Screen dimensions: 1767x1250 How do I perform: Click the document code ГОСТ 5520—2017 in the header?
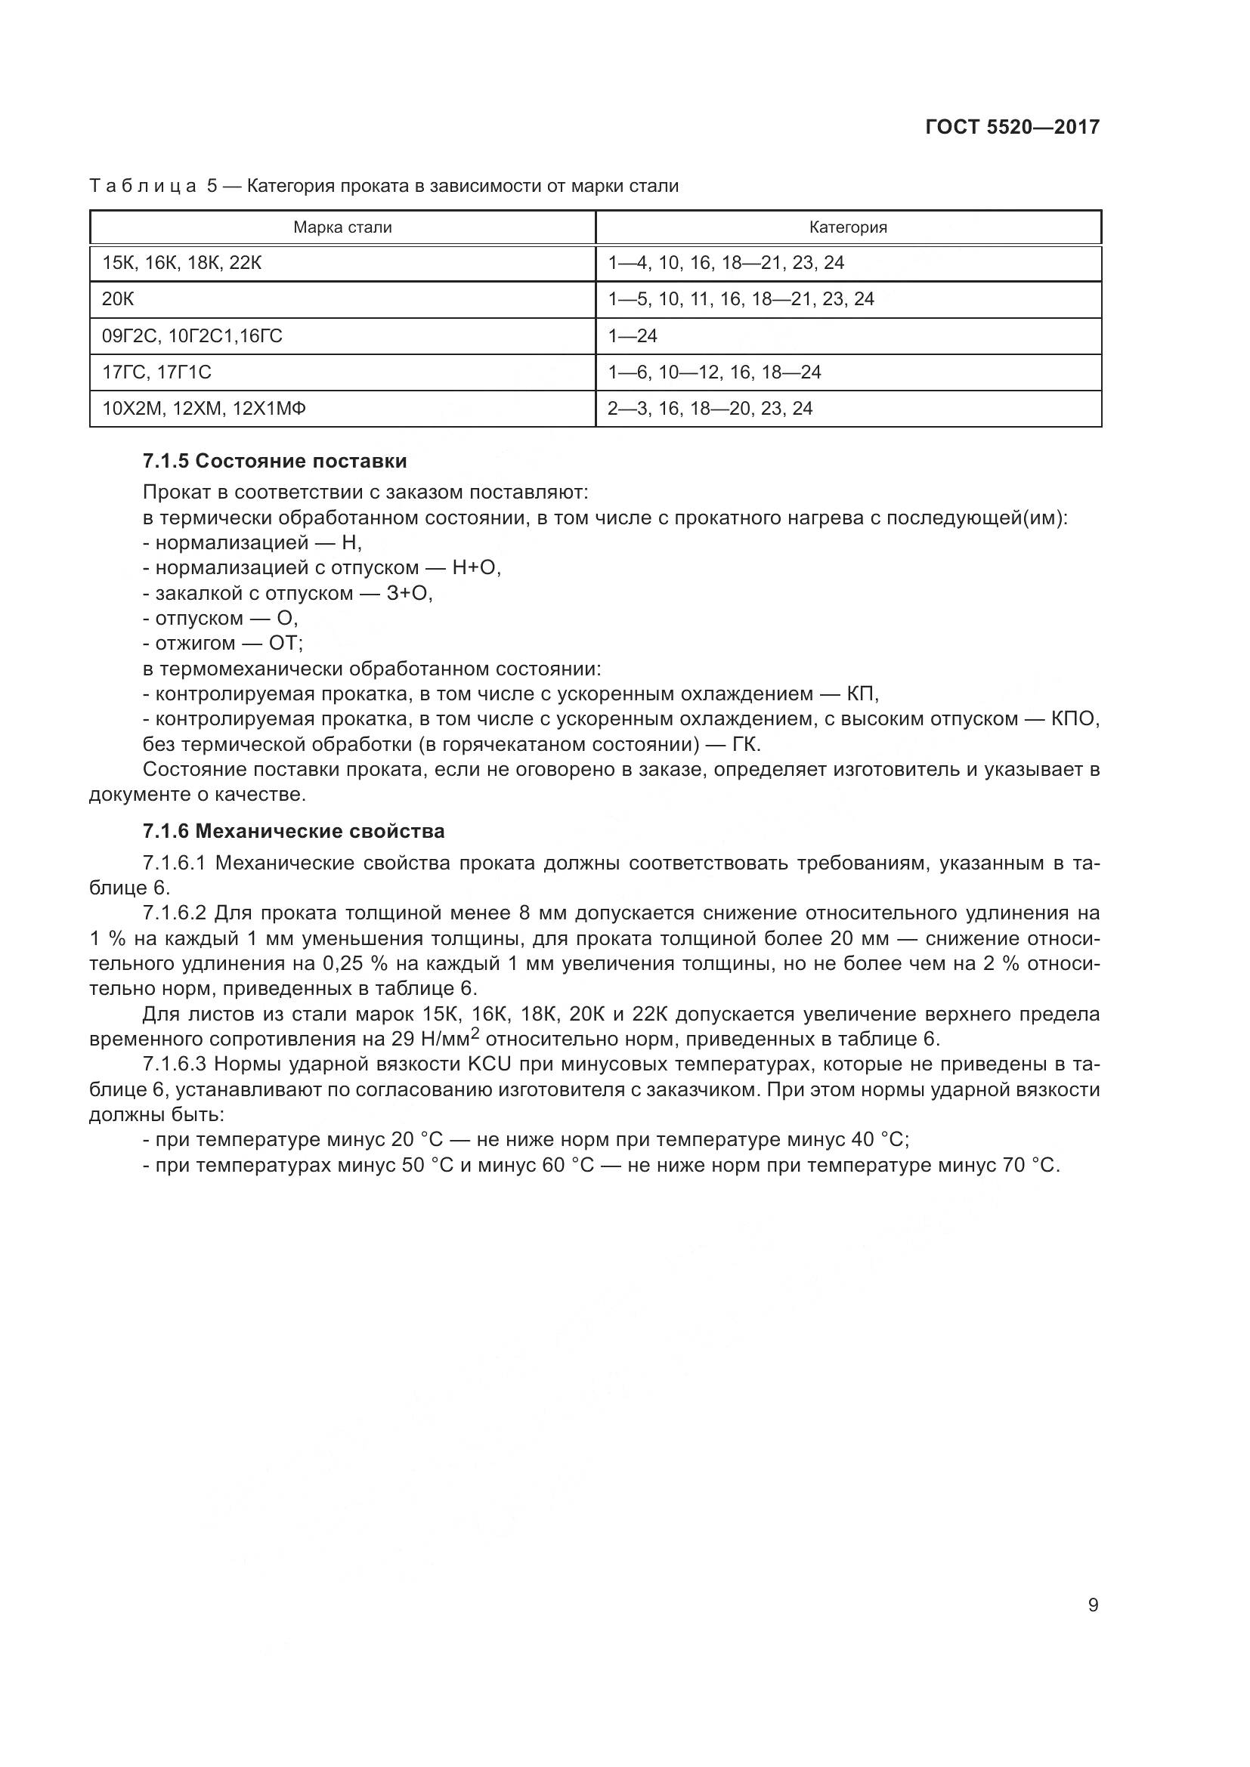click(x=1012, y=127)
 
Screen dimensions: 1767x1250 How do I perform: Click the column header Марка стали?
click(x=342, y=228)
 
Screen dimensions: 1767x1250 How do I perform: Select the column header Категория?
click(x=847, y=228)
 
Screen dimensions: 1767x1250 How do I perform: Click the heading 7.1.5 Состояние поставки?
click(x=274, y=462)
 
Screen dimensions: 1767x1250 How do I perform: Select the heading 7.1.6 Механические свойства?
click(x=293, y=832)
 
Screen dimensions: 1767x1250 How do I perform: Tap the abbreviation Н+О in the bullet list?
click(x=476, y=568)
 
